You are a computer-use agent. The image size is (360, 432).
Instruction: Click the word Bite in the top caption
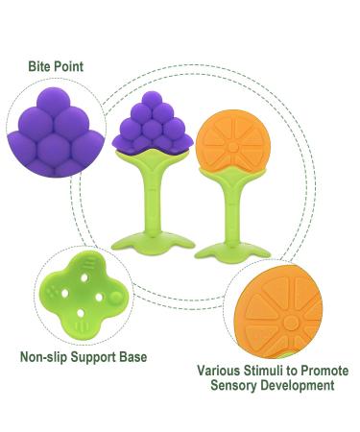40,67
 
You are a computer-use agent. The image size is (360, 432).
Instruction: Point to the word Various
219,370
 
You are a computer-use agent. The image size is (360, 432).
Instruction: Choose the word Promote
322,370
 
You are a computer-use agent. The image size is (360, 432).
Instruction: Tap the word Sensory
232,385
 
